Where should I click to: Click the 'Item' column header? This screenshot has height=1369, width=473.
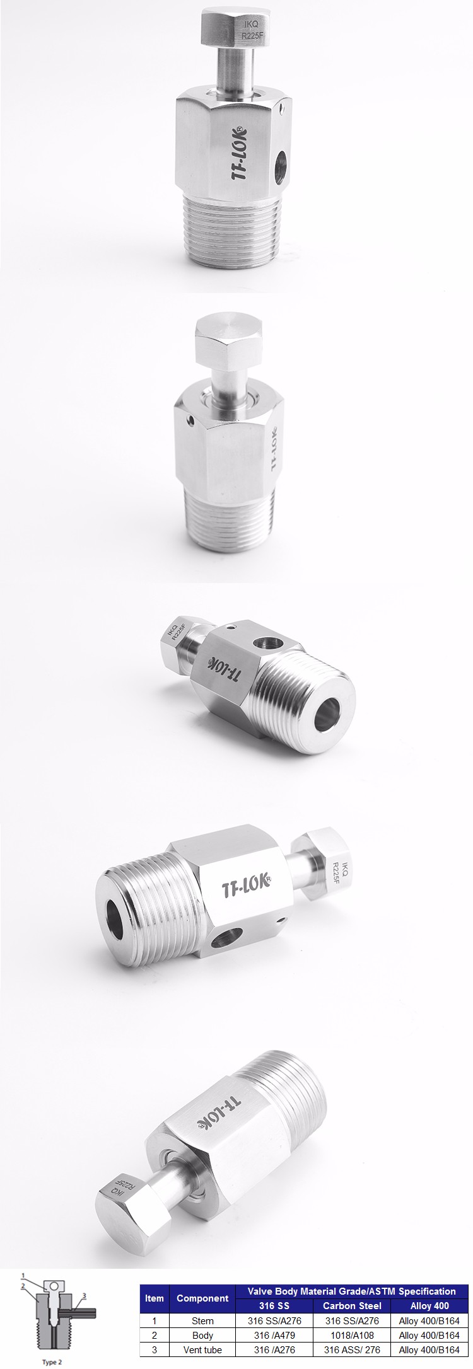154,1297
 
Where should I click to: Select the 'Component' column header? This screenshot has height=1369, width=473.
202,1297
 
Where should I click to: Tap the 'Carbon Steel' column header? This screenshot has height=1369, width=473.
352,1305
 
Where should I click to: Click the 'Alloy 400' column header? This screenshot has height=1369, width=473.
429,1305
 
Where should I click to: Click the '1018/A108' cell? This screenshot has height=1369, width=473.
352,1335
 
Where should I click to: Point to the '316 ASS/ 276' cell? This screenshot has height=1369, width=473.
352,1349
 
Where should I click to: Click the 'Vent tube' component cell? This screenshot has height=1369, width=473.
202,1349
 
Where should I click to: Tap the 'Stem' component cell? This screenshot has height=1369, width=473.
202,1320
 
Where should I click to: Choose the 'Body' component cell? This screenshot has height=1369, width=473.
202,1335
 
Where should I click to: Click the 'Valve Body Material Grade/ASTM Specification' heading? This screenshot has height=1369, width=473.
351,1291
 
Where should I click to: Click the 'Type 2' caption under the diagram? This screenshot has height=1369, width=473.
52,1361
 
